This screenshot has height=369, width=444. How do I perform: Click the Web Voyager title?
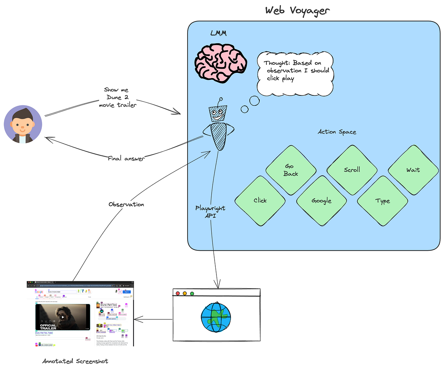tap(297, 10)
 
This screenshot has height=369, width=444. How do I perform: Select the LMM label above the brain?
tap(218, 34)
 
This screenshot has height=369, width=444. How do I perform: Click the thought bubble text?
tap(296, 71)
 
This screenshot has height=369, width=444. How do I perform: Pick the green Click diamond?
tap(260, 201)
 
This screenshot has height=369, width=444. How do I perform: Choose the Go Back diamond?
tap(291, 170)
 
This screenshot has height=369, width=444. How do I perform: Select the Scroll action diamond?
tap(352, 170)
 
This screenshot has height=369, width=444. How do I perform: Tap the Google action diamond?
tap(321, 201)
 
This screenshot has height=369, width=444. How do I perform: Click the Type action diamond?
tap(383, 201)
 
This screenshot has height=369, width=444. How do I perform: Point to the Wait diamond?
tap(413, 170)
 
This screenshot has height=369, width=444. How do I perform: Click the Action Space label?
tap(337, 132)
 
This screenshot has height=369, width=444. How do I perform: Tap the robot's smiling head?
tap(218, 114)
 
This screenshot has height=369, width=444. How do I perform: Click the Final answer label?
tap(126, 159)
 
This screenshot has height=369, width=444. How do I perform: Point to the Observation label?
tap(126, 204)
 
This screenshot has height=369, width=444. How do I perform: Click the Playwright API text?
tap(210, 211)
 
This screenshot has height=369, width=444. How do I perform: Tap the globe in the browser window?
tap(216, 318)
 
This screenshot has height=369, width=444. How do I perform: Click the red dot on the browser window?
tap(178, 293)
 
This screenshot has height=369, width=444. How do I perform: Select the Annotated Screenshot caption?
tap(75, 361)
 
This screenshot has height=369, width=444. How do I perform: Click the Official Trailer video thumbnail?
tap(63, 317)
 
